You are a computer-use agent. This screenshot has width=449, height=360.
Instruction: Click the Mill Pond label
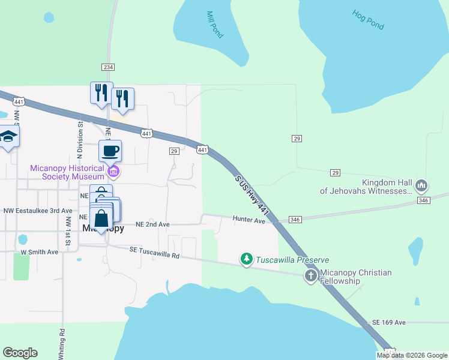(214, 25)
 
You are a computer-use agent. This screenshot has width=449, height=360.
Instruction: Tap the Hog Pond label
(368, 20)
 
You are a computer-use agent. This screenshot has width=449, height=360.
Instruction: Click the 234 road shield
(108, 67)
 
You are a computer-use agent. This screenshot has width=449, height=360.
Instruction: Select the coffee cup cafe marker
(110, 151)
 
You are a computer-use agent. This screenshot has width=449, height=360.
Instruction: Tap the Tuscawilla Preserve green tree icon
(246, 259)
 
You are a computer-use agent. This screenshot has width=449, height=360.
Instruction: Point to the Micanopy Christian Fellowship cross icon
(310, 276)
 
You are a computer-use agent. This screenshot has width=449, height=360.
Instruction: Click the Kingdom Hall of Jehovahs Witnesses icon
(421, 185)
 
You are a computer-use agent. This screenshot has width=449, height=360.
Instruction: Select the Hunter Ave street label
(249, 220)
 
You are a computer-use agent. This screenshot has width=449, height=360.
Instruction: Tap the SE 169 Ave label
(389, 322)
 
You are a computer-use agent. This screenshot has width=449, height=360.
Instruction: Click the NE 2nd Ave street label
(152, 224)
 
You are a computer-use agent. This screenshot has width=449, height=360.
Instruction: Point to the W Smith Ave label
(40, 252)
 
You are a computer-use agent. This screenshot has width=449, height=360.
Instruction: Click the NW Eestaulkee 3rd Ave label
(37, 211)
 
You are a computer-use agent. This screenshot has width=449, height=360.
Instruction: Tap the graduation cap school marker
(8, 137)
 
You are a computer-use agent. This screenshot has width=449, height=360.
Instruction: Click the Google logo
(20, 353)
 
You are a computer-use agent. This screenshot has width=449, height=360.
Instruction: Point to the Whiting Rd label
(62, 343)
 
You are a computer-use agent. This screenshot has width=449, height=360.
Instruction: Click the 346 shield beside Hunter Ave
(294, 220)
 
